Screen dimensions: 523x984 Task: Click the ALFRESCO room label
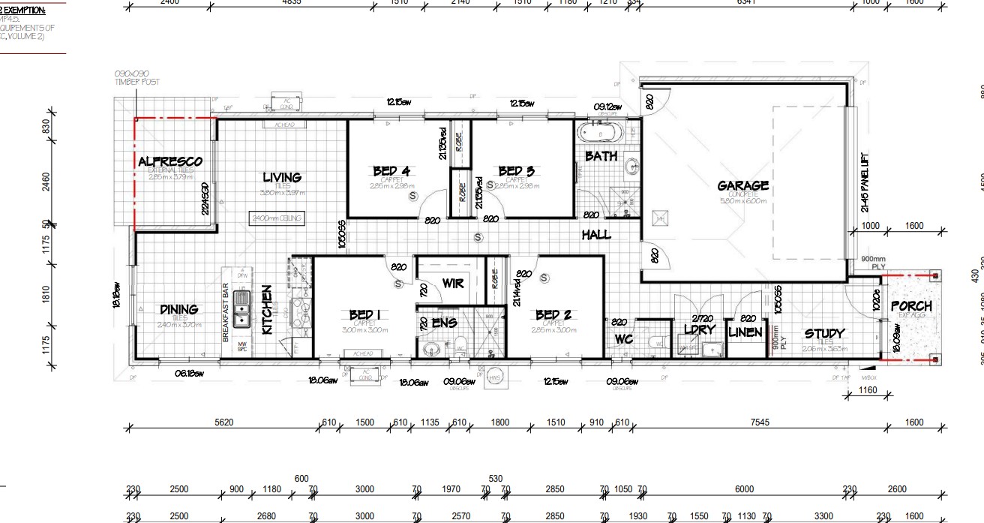click(170, 162)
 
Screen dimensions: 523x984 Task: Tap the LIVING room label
click(282, 178)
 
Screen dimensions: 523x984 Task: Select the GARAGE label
click(742, 186)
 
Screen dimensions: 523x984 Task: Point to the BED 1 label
click(365, 315)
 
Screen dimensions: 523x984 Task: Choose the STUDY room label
click(824, 334)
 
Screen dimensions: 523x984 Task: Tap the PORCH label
click(911, 306)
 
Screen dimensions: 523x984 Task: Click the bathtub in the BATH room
click(601, 133)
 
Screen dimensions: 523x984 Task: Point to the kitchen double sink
click(241, 308)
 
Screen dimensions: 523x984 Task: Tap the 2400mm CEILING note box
click(277, 218)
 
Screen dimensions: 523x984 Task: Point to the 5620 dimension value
click(224, 423)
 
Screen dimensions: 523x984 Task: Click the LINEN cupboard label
click(745, 332)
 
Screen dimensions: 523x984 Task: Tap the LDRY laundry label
click(700, 329)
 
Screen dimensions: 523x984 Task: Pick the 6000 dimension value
click(744, 489)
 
